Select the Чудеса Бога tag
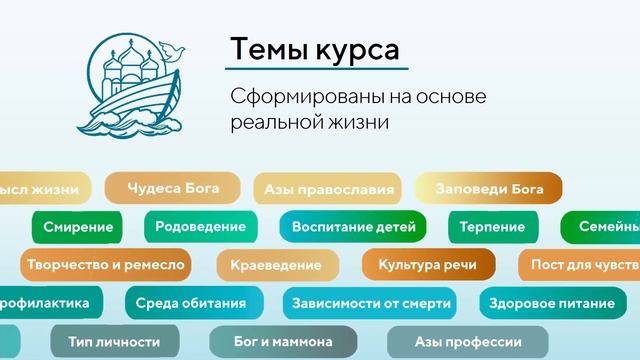[x=172, y=188]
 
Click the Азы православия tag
[x=326, y=188]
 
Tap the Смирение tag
[x=78, y=227]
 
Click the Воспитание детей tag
[x=353, y=227]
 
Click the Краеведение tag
[x=276, y=265]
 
